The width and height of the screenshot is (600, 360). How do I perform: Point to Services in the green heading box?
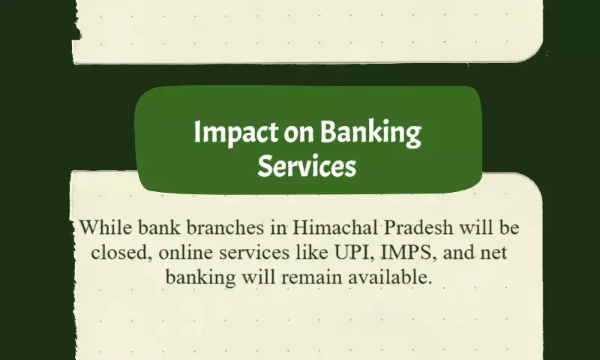[307, 166]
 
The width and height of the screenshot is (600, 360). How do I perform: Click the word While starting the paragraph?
[106, 227]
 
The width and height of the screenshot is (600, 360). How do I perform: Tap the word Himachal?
[334, 227]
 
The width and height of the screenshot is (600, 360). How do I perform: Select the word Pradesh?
[418, 227]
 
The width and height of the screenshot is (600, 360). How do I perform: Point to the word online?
[185, 253]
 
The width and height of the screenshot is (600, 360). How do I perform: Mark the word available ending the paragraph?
[390, 277]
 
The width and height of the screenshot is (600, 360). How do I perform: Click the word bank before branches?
[159, 227]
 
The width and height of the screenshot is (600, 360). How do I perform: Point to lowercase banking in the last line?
[200, 277]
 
